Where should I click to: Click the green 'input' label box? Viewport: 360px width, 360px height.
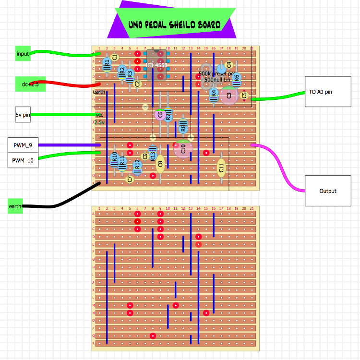pos(23,54)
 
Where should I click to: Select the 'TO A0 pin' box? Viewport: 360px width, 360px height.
pos(320,92)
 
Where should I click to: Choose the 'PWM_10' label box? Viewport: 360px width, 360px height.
pos(23,160)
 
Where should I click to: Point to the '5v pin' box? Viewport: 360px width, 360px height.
pos(23,115)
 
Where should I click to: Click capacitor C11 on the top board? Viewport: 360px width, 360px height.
pos(221,168)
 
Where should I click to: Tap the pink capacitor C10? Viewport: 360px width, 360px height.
pos(183,148)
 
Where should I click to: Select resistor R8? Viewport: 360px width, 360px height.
pos(183,126)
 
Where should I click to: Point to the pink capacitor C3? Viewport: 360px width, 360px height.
pos(229,96)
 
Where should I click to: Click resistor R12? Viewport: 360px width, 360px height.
pos(137,166)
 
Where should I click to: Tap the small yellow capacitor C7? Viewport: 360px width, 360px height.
pos(129,179)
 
